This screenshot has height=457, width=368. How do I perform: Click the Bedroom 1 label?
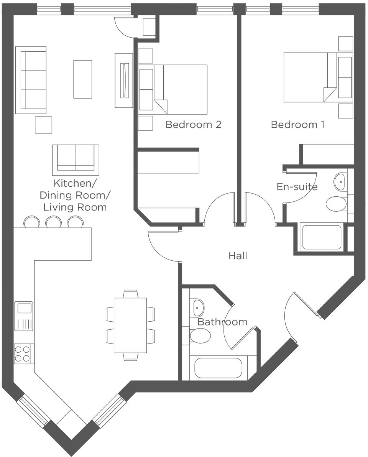(297, 125)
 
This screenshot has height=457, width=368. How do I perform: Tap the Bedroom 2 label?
(193, 125)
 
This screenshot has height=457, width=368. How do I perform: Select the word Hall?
(238, 256)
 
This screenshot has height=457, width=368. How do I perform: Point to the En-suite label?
(297, 187)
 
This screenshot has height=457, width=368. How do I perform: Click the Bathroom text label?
(222, 322)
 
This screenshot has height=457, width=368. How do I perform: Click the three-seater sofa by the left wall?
(31, 80)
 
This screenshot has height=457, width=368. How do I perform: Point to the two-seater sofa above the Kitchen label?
(76, 157)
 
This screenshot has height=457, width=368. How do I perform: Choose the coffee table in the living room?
(82, 79)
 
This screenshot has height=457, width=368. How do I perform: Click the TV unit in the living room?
(124, 80)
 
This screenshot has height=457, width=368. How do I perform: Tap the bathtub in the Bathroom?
(218, 368)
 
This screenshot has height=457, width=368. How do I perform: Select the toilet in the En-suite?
(336, 204)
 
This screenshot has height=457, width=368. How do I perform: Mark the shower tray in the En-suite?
(322, 238)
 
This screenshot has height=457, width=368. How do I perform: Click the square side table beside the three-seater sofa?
(43, 125)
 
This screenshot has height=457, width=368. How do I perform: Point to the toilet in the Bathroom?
(200, 336)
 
